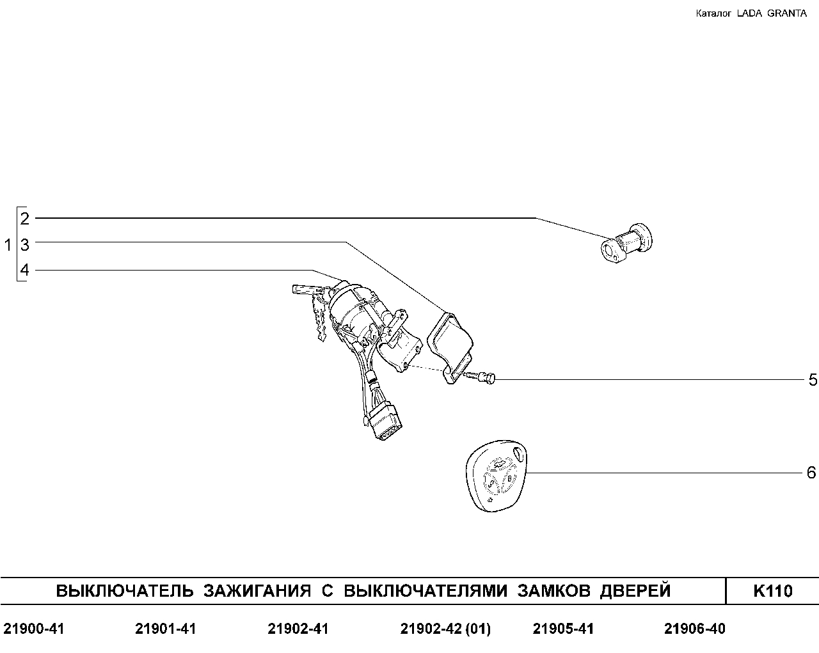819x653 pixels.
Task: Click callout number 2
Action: pyautogui.click(x=25, y=219)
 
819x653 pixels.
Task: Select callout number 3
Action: pyautogui.click(x=25, y=245)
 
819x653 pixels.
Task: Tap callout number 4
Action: pyautogui.click(x=25, y=270)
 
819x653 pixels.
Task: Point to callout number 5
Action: pyautogui.click(x=813, y=380)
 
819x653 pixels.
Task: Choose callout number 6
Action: pyautogui.click(x=811, y=473)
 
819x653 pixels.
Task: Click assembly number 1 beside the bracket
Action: pyautogui.click(x=8, y=245)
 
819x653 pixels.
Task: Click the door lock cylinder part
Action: pyautogui.click(x=626, y=244)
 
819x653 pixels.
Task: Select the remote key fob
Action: pyautogui.click(x=497, y=476)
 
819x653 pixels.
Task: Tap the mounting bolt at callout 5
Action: pyautogui.click(x=481, y=377)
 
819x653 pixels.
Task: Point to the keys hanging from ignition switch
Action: pyautogui.click(x=312, y=309)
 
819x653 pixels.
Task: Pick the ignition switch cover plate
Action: pyautogui.click(x=451, y=347)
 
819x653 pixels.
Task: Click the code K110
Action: pyautogui.click(x=772, y=591)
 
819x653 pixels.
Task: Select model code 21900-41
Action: pyautogui.click(x=34, y=629)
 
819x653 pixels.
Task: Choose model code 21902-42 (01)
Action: pyautogui.click(x=445, y=629)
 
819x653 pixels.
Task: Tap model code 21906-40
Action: pyautogui.click(x=695, y=629)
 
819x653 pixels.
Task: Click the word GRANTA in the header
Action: pyautogui.click(x=786, y=13)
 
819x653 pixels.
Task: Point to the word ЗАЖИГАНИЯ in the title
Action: pyautogui.click(x=257, y=591)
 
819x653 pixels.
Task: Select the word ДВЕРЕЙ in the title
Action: pyautogui.click(x=635, y=591)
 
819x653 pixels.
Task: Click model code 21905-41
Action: pyautogui.click(x=563, y=629)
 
